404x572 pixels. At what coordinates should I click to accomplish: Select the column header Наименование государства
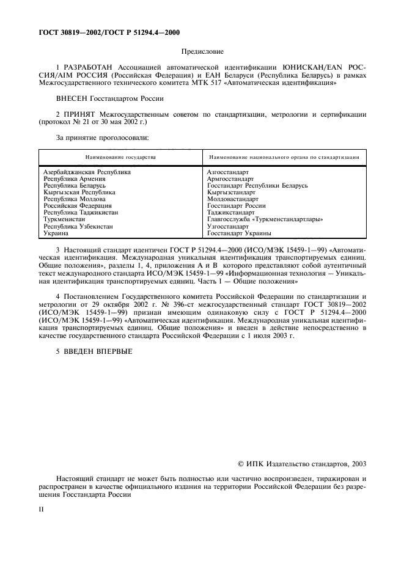click(120, 157)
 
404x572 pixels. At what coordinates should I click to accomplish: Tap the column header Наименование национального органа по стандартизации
click(282, 157)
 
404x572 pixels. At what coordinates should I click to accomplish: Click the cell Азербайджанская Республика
click(87, 172)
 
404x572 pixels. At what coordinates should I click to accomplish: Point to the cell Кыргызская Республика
click(79, 193)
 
